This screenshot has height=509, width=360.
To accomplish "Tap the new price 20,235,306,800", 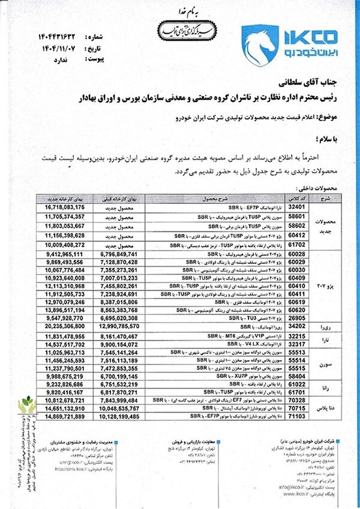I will [65, 327].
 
